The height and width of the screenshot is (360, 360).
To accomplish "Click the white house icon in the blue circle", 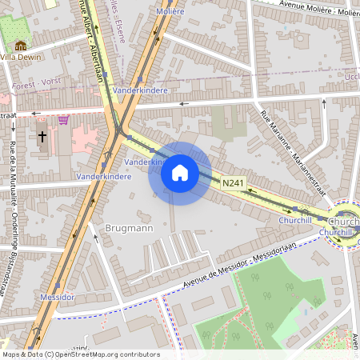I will [180, 173].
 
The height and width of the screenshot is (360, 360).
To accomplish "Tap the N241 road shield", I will [233, 184].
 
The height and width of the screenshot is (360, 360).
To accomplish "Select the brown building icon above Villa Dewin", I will [21, 46].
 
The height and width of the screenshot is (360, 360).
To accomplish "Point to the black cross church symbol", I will [42, 137].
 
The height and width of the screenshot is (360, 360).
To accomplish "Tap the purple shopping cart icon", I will [63, 120].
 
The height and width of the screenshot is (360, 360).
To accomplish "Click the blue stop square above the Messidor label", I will [58, 284].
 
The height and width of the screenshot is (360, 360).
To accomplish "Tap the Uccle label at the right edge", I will [351, 76].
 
